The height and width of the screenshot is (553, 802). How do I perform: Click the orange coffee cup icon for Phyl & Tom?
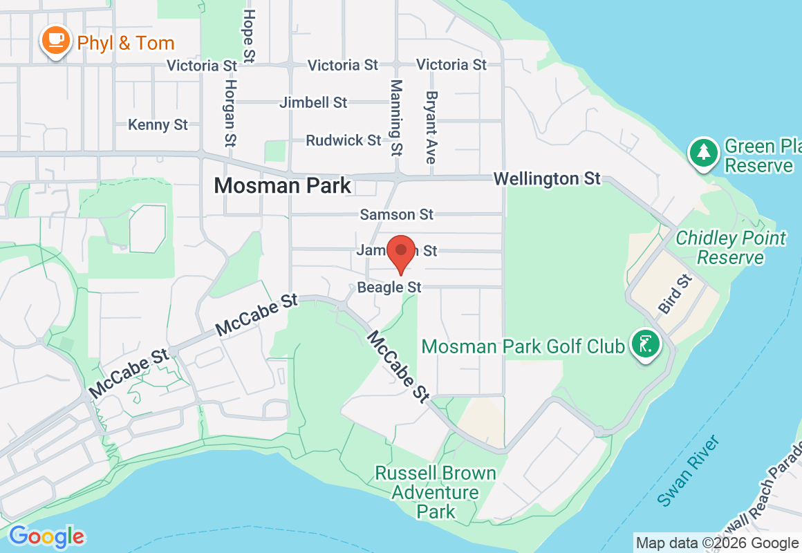pyautogui.click(x=55, y=41)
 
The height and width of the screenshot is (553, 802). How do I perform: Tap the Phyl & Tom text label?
pyautogui.click(x=125, y=43)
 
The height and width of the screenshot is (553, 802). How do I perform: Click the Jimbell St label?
pyautogui.click(x=313, y=102)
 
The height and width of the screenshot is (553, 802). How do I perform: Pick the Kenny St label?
pyautogui.click(x=158, y=124)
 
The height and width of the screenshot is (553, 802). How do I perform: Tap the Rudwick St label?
pyautogui.click(x=344, y=140)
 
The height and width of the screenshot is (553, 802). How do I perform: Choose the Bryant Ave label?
pyautogui.click(x=431, y=127)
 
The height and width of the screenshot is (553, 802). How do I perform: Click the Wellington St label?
pyautogui.click(x=547, y=178)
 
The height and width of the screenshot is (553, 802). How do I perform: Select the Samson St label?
pyautogui.click(x=397, y=214)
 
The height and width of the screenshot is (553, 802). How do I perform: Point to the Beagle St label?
pyautogui.click(x=389, y=286)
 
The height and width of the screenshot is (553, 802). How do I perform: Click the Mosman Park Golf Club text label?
pyautogui.click(x=523, y=346)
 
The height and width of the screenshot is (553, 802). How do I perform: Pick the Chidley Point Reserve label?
pyautogui.click(x=731, y=247)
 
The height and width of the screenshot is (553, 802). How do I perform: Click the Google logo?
pyautogui.click(x=46, y=536)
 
